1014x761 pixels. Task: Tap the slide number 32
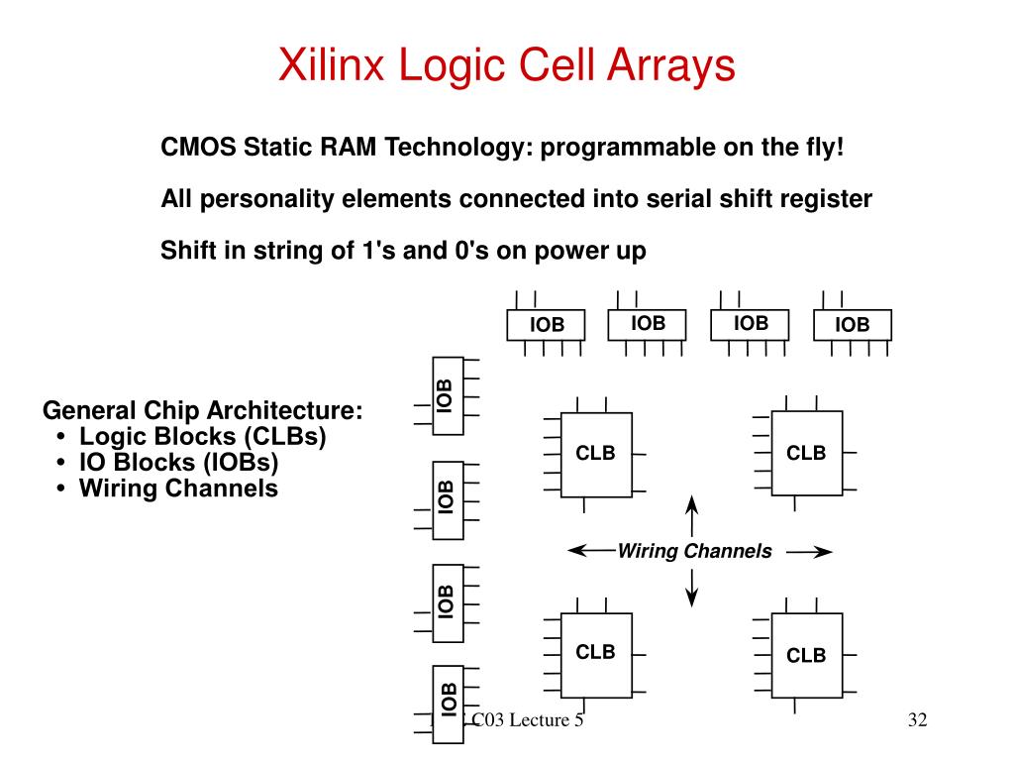(x=916, y=720)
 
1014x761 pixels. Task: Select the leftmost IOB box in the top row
(x=546, y=325)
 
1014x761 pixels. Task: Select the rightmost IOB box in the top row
(x=852, y=325)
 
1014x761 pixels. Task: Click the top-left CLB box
(x=596, y=454)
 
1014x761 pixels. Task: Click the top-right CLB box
(x=806, y=454)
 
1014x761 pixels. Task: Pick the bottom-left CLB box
(x=596, y=652)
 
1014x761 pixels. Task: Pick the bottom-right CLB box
(x=806, y=654)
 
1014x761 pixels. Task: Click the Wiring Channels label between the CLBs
(x=694, y=552)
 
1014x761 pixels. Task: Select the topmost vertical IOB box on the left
(x=447, y=395)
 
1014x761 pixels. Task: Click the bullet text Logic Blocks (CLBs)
(x=203, y=436)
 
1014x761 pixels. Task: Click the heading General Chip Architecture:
(x=202, y=410)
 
